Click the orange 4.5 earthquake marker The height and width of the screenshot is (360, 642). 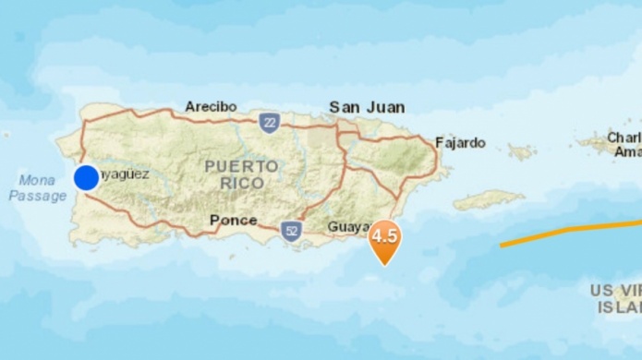[384, 239]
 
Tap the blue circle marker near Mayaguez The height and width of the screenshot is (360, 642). [86, 176]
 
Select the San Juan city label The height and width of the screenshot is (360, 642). [367, 107]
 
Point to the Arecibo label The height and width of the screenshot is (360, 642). [211, 106]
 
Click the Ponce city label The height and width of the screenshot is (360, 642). [233, 220]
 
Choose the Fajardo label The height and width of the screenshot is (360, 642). [460, 142]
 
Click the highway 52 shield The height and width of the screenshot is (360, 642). [291, 229]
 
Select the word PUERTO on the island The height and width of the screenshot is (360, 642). [241, 165]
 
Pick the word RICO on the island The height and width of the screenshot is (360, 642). [242, 183]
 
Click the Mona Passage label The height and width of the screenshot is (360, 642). [38, 187]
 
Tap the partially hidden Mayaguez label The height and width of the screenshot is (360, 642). [124, 173]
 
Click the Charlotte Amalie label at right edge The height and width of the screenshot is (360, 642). [623, 143]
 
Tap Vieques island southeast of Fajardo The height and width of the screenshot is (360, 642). [488, 200]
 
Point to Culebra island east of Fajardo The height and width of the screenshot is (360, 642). [522, 150]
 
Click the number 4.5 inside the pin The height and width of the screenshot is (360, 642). [384, 234]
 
